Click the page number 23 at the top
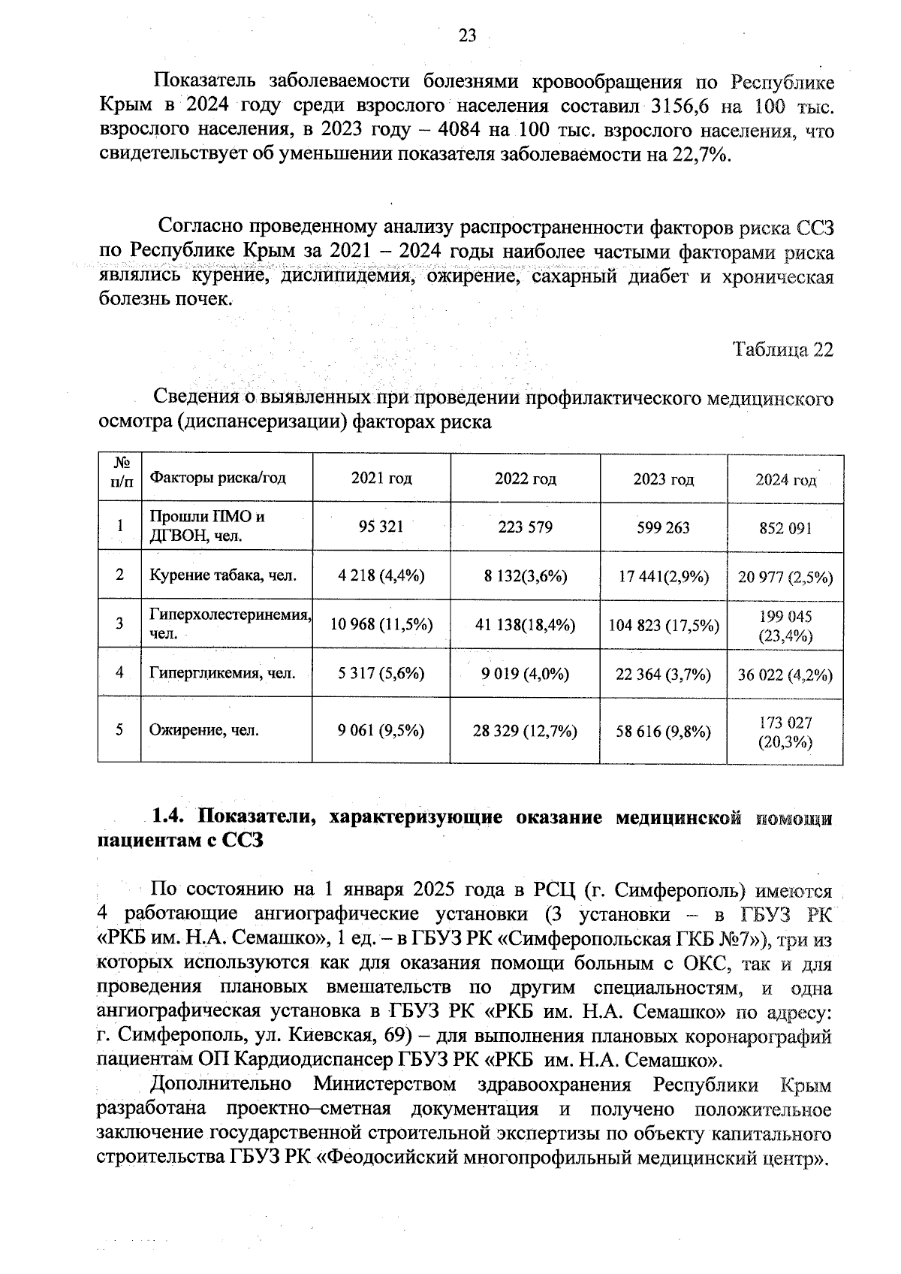point(467,36)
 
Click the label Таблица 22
point(783,350)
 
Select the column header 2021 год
point(381,479)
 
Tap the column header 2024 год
point(785,480)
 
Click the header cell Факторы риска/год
point(218,478)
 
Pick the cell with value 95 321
point(381,527)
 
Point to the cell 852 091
point(785,528)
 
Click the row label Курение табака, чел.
point(223,575)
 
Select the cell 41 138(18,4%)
point(526,624)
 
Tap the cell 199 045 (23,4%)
point(785,626)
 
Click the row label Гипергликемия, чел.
point(222,673)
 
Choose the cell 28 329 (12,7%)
point(525,730)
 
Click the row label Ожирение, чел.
point(204,729)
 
